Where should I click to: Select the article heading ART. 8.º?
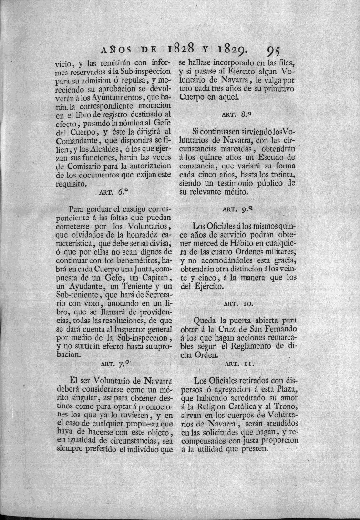(234, 114)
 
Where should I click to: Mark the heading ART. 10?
(234, 302)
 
